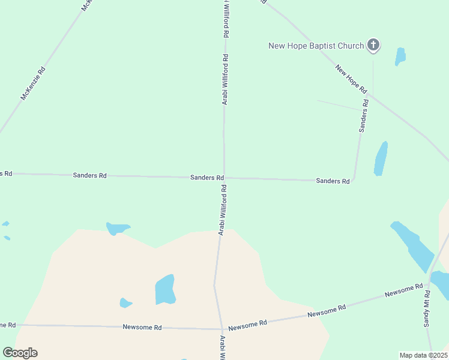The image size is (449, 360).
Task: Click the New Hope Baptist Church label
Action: click(x=316, y=46)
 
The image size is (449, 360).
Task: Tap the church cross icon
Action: click(x=373, y=44)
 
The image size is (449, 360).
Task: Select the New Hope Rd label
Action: click(x=351, y=79)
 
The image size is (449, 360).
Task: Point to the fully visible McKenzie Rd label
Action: click(x=33, y=83)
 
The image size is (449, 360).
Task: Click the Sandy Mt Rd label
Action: click(x=427, y=308)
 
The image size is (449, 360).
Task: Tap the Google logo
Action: click(x=20, y=353)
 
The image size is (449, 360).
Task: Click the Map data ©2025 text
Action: click(x=423, y=355)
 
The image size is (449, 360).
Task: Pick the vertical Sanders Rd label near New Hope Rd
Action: click(x=364, y=116)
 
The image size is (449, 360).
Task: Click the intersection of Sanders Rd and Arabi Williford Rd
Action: click(x=224, y=178)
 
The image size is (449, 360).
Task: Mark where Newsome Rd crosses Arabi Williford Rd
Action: click(x=222, y=329)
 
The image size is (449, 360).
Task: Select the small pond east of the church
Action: click(x=400, y=56)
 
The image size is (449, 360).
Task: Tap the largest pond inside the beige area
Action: click(x=165, y=290)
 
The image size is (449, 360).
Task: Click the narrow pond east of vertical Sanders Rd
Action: click(x=381, y=158)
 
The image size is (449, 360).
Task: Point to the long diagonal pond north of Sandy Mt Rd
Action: click(x=412, y=246)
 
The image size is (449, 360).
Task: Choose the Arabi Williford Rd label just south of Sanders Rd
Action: click(x=222, y=209)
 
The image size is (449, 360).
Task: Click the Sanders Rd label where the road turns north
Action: click(x=333, y=181)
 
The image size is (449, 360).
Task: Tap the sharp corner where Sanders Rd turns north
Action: click(x=354, y=179)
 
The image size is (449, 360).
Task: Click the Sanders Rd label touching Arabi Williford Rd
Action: click(x=207, y=178)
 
